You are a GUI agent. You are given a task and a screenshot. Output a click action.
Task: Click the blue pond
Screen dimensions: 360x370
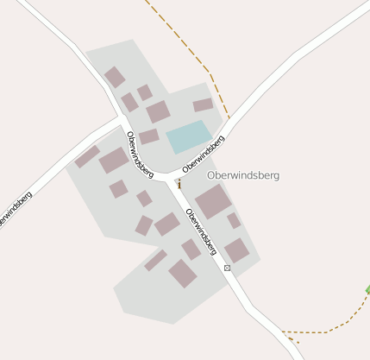tap(189, 136)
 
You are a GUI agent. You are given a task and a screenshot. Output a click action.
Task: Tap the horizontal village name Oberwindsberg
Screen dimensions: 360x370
tap(243, 175)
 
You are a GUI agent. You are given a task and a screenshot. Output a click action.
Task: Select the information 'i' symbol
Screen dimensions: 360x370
tap(179, 183)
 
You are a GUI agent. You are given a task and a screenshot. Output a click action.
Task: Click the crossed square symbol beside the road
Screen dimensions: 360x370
tap(228, 268)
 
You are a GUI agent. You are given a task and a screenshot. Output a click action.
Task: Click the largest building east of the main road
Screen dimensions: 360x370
tap(213, 201)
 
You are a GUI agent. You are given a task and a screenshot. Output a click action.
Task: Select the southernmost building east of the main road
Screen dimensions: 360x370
tap(236, 251)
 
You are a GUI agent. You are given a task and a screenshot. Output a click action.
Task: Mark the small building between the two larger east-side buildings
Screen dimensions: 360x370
tap(234, 221)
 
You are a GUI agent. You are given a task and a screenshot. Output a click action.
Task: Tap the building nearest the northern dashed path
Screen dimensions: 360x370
tap(203, 105)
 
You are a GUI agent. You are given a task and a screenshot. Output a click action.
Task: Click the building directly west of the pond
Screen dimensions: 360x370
tap(148, 136)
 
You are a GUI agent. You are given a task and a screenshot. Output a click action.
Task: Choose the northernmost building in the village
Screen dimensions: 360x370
tap(115, 78)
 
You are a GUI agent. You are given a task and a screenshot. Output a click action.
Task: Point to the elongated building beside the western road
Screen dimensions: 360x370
tap(87, 156)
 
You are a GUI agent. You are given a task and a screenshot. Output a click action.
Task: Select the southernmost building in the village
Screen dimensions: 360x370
tap(182, 274)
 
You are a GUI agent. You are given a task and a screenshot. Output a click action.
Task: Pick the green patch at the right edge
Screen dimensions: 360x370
tap(367, 289)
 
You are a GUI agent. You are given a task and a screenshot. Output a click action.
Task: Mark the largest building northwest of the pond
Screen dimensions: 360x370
tap(158, 111)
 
